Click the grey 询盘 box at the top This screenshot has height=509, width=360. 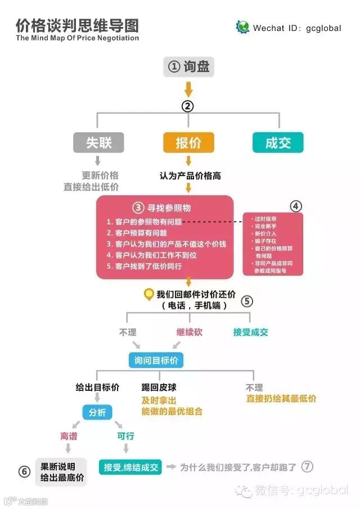[189, 66]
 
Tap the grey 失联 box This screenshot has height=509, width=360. [98, 142]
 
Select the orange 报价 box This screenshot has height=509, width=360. [188, 142]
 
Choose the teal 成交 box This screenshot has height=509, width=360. [278, 142]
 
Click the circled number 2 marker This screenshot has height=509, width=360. [188, 105]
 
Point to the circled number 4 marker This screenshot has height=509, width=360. [296, 206]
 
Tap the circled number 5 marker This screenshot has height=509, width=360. [247, 300]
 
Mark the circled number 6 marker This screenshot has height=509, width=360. [25, 471]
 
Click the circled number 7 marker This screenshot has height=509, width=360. [307, 466]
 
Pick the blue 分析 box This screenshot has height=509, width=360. [97, 412]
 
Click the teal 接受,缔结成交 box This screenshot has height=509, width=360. [130, 467]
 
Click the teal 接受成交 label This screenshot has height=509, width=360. [251, 332]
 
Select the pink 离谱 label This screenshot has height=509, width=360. [69, 436]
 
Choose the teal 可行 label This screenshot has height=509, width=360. [125, 436]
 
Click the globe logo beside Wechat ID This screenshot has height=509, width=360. [242, 27]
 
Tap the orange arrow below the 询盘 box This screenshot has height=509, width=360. [188, 89]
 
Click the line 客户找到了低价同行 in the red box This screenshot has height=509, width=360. [145, 266]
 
